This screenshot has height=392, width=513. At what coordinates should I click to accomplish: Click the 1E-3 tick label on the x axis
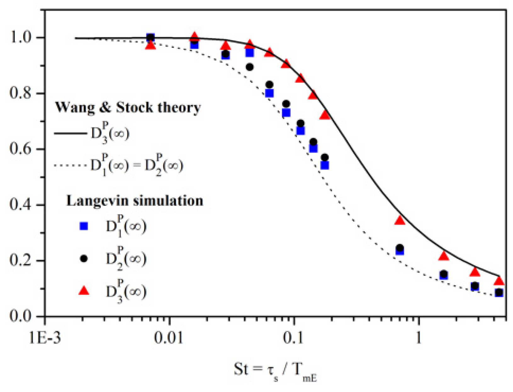pos(45,338)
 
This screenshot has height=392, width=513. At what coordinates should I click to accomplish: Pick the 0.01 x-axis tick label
pos(170,338)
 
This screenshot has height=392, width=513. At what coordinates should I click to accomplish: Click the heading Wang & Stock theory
pos(128,107)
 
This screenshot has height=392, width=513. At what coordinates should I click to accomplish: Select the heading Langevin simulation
pos(135,201)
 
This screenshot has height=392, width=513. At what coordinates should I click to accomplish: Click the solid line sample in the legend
pos(70,133)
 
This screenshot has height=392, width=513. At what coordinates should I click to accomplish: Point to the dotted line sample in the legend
pos(70,165)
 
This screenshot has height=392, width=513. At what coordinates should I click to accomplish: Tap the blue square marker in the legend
pos(84,226)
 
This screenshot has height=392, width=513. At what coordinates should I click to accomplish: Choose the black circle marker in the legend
pos(84,259)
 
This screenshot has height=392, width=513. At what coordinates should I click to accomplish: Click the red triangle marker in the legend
pos(84,291)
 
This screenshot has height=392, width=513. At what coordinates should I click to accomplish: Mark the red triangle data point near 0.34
pos(400,220)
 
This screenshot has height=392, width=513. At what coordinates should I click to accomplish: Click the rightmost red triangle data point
pos(499,281)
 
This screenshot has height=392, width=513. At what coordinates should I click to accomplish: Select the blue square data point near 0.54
pos(325,165)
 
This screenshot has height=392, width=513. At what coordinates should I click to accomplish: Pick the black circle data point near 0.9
pos(250,67)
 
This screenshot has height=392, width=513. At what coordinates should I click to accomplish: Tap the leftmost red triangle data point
pos(151,45)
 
